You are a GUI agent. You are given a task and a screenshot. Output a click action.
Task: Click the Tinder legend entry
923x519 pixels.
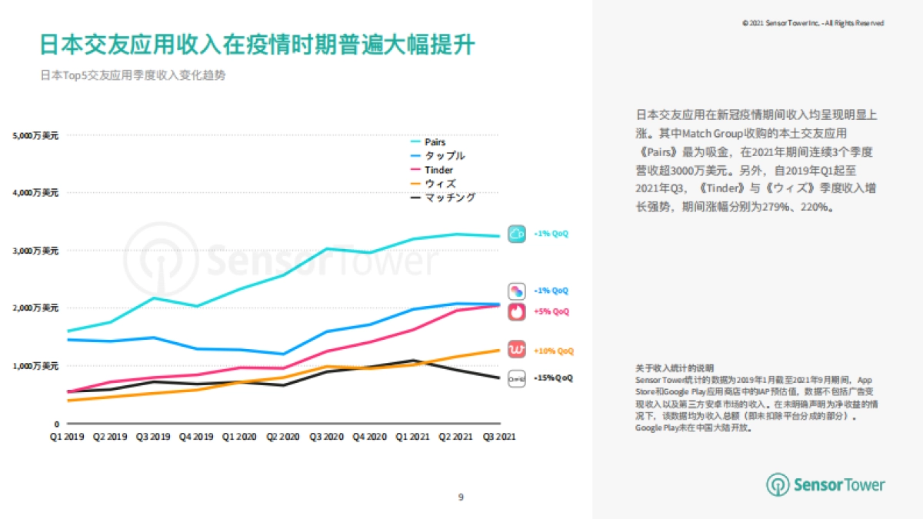[x=438, y=170]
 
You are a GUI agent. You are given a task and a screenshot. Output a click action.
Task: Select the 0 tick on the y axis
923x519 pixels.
[x=56, y=424]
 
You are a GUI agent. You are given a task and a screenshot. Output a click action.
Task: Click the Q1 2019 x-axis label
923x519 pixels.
[x=67, y=437]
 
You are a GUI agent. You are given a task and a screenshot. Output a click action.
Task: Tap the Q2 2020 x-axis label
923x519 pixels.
[x=284, y=437]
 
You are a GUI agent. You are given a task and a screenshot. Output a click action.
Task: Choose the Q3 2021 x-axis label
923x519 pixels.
[x=499, y=437]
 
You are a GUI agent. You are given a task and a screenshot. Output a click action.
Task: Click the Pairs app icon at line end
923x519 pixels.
[x=516, y=234]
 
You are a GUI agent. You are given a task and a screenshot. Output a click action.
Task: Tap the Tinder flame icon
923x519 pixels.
[x=516, y=311]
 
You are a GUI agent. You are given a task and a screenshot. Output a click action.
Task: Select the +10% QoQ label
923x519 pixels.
[x=553, y=351]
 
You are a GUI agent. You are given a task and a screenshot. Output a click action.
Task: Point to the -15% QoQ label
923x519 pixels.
[x=553, y=378]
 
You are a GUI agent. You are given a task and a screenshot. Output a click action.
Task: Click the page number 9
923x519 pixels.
[x=461, y=497]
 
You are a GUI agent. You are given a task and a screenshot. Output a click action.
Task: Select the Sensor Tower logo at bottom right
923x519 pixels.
[x=825, y=485]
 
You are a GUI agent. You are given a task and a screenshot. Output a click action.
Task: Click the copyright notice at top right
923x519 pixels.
[x=813, y=24]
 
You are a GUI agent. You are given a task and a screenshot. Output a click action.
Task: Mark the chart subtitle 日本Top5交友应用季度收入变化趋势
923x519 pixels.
[x=132, y=76]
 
